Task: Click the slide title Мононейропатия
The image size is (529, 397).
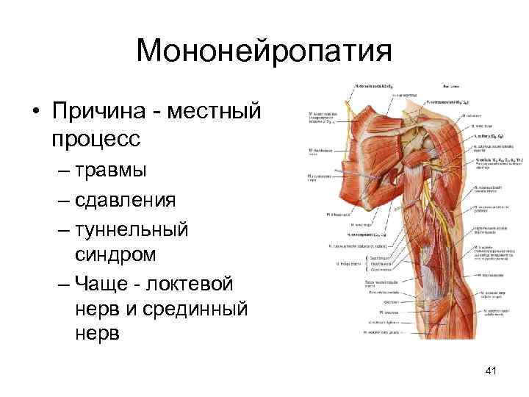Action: [x=264, y=51]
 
